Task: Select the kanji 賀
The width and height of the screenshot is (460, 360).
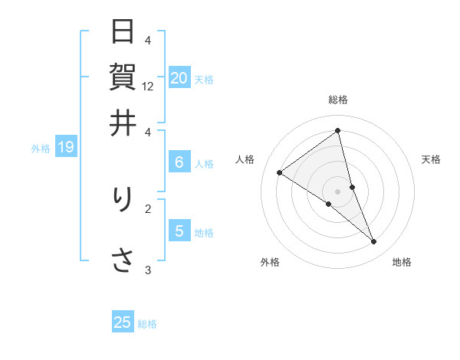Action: point(123,77)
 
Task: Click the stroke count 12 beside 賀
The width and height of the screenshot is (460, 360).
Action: point(148,87)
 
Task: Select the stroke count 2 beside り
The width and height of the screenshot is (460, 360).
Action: point(148,208)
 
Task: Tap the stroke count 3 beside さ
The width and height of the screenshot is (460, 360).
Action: point(148,269)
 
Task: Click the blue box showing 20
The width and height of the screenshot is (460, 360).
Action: point(179,77)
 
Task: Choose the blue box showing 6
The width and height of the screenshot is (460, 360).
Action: point(179,162)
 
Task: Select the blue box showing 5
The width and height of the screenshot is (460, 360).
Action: point(179,231)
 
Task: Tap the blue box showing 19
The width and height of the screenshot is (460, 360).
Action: point(65,147)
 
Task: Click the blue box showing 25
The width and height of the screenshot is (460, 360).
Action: point(123,322)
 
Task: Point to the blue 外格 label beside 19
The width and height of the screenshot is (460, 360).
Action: point(41,148)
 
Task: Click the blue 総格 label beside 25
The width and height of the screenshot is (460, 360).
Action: point(147,323)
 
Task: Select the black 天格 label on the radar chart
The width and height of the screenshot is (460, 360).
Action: point(431,159)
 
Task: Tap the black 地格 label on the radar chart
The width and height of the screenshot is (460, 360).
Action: point(402,262)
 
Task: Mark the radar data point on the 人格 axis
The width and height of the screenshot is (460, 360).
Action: point(279,172)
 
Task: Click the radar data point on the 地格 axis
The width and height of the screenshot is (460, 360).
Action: point(374,242)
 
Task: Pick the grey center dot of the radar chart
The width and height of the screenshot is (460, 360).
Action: point(337,191)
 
